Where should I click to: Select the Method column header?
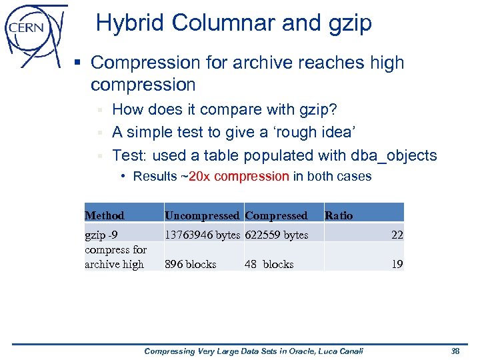(x=105, y=215)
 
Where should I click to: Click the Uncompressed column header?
(x=201, y=215)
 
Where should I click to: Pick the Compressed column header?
(x=276, y=215)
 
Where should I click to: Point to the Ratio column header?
(x=339, y=215)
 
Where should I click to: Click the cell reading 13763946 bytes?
(x=202, y=235)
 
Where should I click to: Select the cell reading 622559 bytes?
(x=277, y=235)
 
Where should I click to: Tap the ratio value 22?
(x=397, y=235)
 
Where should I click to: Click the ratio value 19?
(x=397, y=264)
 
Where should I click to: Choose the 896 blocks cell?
(x=191, y=264)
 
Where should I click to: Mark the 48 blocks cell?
(x=269, y=264)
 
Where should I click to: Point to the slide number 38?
(x=456, y=351)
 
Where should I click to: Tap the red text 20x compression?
(x=239, y=177)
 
